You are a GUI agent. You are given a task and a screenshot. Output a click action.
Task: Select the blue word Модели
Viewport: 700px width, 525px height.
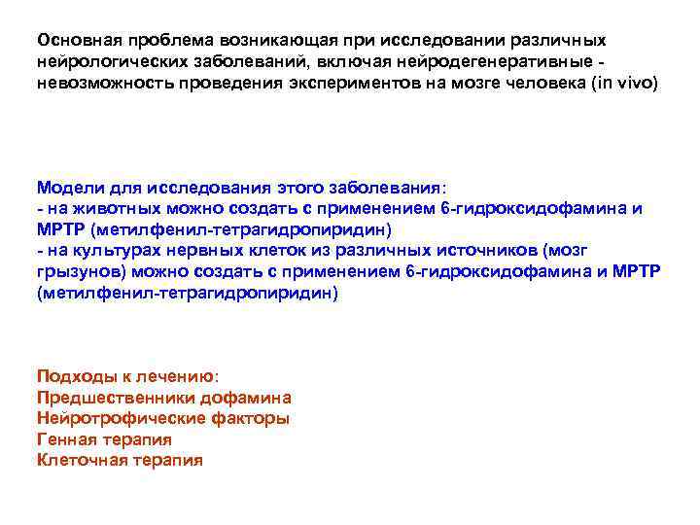(x=66, y=188)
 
